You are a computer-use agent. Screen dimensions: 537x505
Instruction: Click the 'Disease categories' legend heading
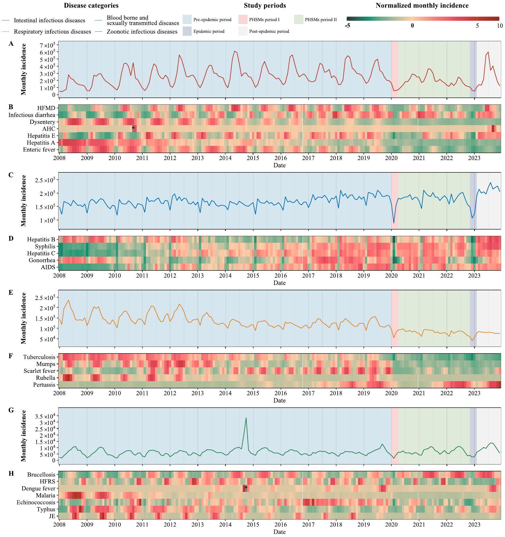[x=91, y=5]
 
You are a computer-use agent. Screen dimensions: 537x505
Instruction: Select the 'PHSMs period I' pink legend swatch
[x=243, y=20]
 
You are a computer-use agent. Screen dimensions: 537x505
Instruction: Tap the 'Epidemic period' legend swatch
[x=187, y=31]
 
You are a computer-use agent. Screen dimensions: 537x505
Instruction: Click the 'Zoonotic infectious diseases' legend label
[x=142, y=32]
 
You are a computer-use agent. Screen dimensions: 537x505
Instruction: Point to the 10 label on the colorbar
[x=499, y=26]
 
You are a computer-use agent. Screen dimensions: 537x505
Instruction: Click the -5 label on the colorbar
[x=347, y=26]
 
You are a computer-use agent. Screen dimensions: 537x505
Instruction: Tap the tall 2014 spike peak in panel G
[x=246, y=418]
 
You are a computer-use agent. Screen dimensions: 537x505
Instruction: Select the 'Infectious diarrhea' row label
[x=32, y=115]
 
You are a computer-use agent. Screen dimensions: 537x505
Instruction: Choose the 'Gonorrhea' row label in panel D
[x=42, y=260]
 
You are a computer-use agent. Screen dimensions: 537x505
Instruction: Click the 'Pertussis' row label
[x=44, y=385]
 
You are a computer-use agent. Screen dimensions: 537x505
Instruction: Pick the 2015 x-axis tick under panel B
[x=253, y=158]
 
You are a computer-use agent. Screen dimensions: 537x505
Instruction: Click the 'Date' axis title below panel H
[x=279, y=532]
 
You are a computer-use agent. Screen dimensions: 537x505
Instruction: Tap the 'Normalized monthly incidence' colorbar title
[x=422, y=5]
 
